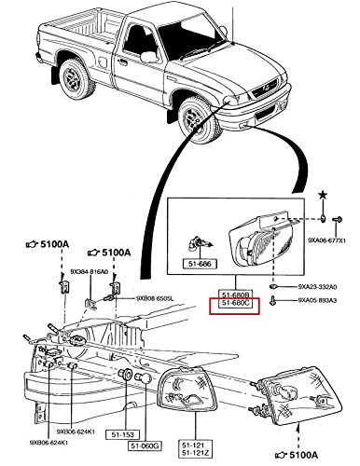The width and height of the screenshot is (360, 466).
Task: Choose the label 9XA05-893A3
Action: (320, 302)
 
